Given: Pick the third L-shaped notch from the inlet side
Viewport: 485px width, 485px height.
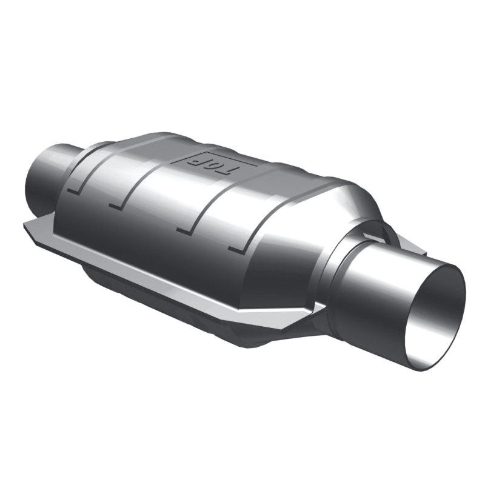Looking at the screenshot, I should point(182,229).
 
